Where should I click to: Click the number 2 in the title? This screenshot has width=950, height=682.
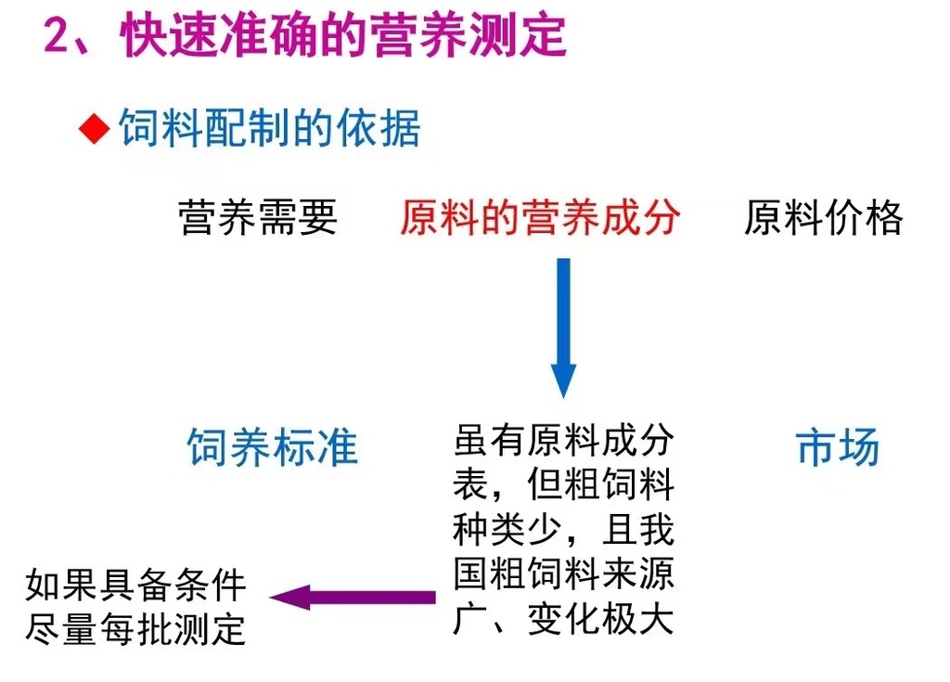click(x=59, y=36)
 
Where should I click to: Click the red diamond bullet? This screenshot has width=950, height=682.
click(x=94, y=129)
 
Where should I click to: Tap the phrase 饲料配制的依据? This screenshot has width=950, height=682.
click(x=269, y=129)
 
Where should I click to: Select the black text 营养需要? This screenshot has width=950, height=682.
click(x=258, y=218)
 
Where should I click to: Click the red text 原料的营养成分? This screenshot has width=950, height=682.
click(x=540, y=218)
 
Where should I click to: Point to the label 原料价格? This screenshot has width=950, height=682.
click(x=823, y=218)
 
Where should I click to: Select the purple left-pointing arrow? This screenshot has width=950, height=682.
click(x=352, y=597)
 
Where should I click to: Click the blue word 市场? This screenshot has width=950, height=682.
click(x=838, y=447)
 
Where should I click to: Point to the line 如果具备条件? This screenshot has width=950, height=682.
click(x=136, y=585)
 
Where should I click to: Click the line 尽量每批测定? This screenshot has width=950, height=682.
click(x=136, y=629)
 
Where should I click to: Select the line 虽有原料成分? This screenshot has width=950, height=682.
click(x=563, y=441)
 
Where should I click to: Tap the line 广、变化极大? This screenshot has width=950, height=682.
click(x=563, y=620)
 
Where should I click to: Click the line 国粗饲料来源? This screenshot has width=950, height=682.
click(x=563, y=575)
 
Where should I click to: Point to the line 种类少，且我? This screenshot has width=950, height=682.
click(x=563, y=531)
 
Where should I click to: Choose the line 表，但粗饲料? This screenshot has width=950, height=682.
click(x=563, y=485)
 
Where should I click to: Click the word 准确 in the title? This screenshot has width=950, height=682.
click(x=267, y=36)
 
